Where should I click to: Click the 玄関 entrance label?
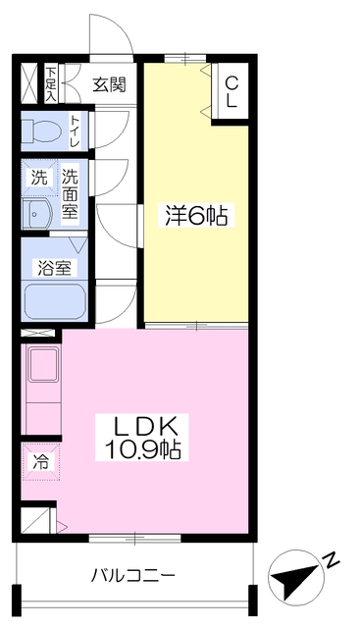point(109,85)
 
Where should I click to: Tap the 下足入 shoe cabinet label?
point(51,84)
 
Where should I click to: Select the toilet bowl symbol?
point(41,131)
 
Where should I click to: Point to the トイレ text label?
point(75,131)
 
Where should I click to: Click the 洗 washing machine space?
point(39,178)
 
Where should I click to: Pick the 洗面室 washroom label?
point(70,193)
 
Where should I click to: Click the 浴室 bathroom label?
point(55,268)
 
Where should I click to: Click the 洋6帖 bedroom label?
point(195,216)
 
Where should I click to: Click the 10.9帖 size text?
point(142,448)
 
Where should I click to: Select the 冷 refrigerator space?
point(41,462)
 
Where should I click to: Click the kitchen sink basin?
point(43,365)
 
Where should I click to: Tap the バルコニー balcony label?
point(133,576)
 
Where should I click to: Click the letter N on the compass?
point(330,560)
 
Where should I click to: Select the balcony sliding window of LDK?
point(135,538)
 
